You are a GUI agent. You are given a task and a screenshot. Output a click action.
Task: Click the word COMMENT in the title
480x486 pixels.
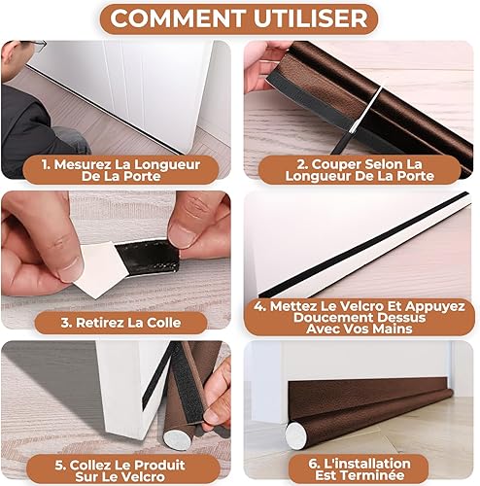[x=177, y=18]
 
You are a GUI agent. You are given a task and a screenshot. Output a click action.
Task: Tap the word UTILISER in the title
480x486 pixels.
[x=311, y=18]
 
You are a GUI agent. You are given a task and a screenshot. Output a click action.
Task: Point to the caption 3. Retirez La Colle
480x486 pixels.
[x=120, y=323]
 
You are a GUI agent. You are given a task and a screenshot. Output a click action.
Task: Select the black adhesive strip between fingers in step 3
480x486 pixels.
[x=148, y=258]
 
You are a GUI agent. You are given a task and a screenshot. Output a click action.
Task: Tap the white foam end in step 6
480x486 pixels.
[x=295, y=435]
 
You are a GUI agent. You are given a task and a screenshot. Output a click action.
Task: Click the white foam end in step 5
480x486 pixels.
[x=175, y=439]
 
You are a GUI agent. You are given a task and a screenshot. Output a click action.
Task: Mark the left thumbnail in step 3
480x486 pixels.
[x=71, y=267]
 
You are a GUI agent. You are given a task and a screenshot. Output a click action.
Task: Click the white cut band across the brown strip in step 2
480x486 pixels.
[x=366, y=109]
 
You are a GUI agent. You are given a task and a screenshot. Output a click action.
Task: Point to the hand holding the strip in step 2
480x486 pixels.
[x=262, y=66]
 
